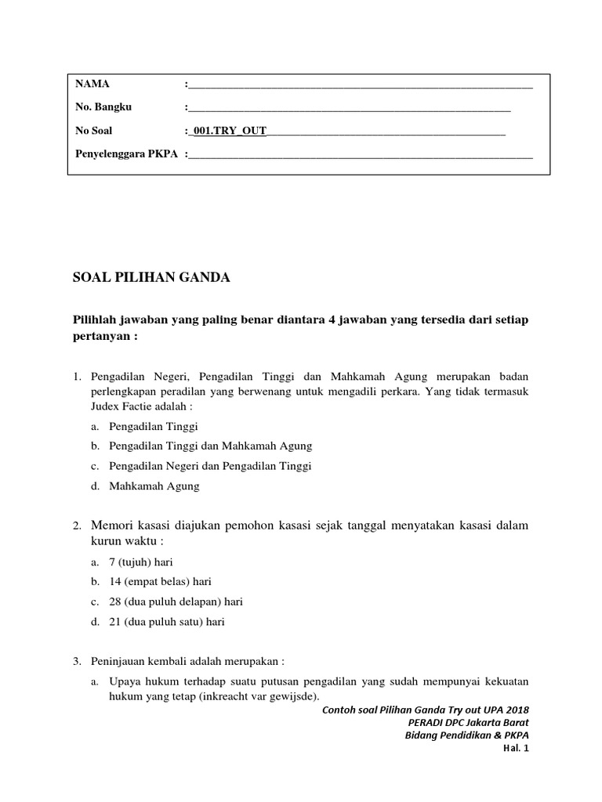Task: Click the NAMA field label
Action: tap(92, 84)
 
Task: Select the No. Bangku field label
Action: tap(103, 107)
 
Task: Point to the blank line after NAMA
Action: tap(361, 85)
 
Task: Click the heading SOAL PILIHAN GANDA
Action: tap(151, 277)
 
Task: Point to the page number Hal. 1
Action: tap(516, 749)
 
